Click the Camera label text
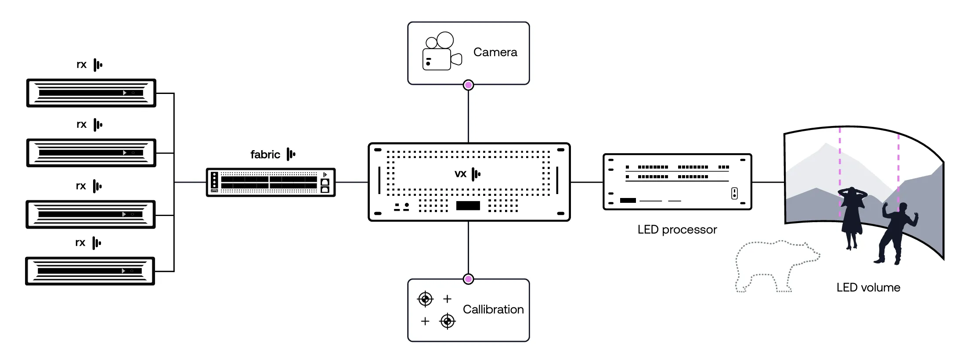(495, 52)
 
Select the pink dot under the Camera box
(469, 85)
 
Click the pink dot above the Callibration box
(469, 279)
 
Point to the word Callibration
(493, 310)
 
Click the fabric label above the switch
(265, 155)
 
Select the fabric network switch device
(271, 182)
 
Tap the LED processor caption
(677, 230)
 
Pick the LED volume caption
(868, 288)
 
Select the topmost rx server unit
(91, 93)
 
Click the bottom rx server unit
(90, 271)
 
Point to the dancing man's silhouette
(896, 233)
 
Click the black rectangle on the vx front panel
(468, 205)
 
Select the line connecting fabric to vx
(352, 182)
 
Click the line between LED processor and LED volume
(768, 182)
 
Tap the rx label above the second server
(82, 125)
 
